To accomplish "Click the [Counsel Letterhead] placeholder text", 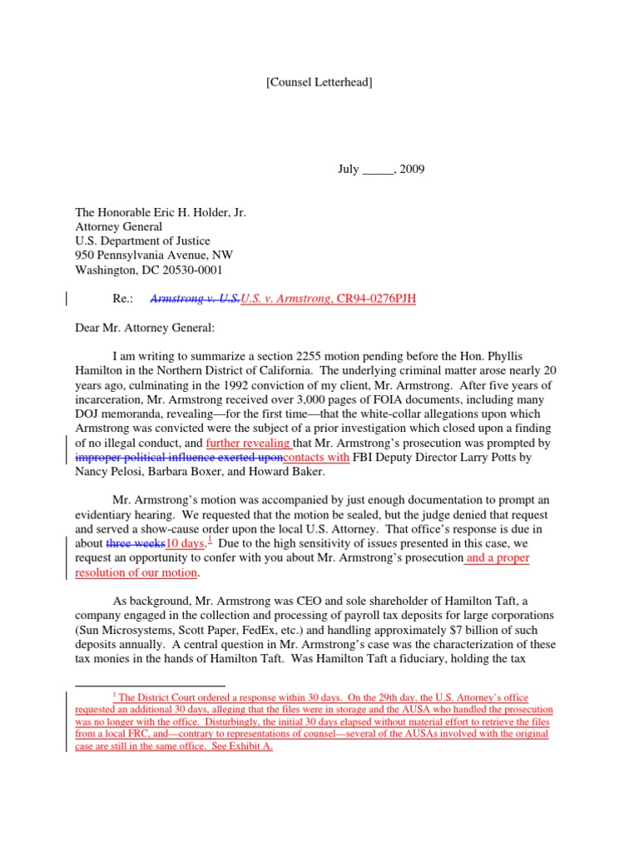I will tap(319, 82).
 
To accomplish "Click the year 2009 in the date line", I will tap(410, 169).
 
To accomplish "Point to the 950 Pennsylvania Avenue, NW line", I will tap(154, 255).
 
